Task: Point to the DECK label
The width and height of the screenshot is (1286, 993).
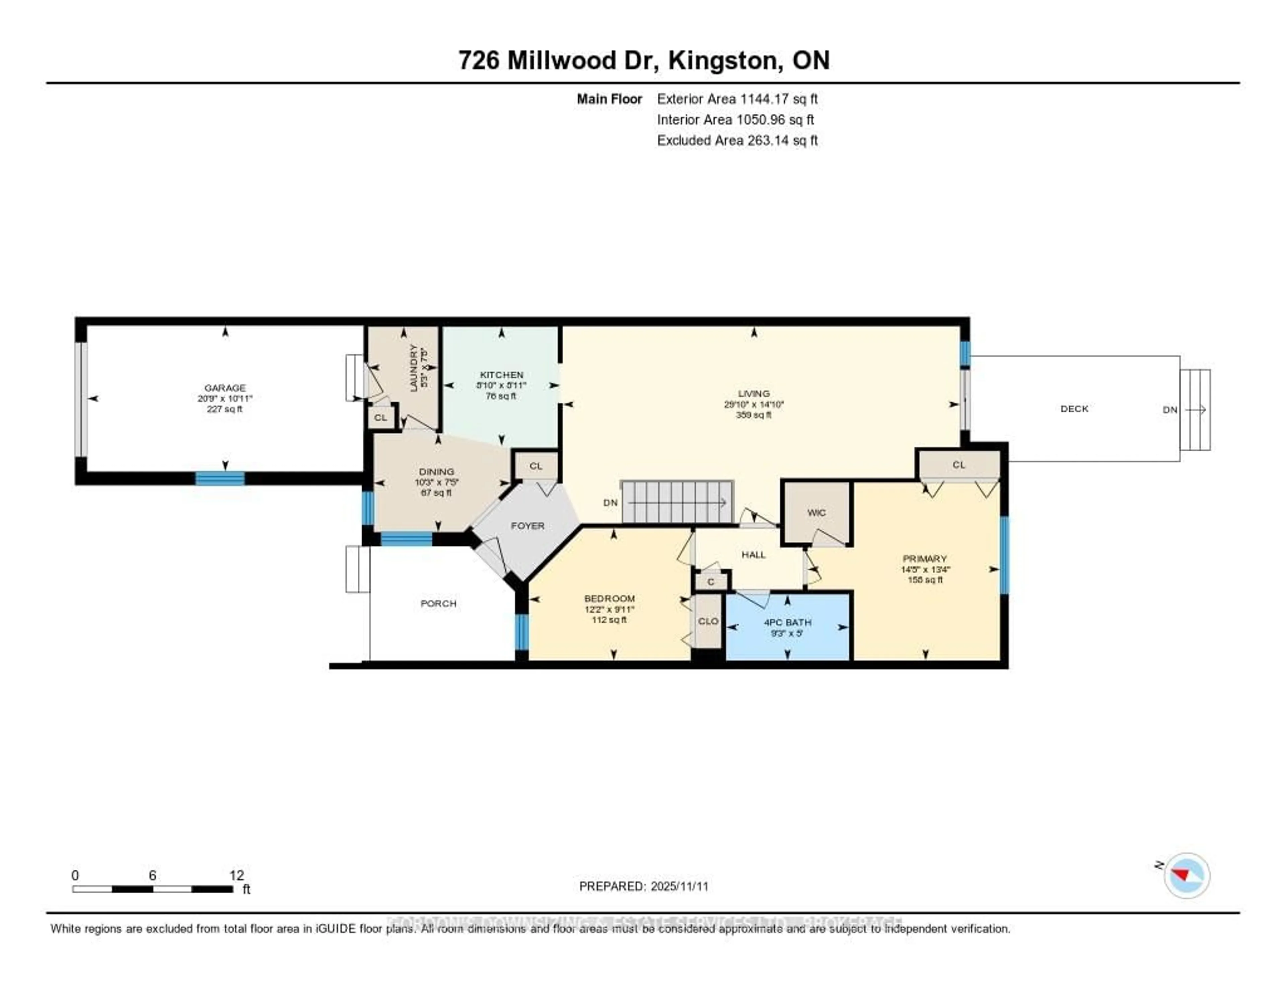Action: [x=1074, y=408]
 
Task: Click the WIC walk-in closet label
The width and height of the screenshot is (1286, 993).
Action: [x=816, y=513]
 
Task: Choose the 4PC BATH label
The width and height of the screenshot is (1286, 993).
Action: [x=787, y=622]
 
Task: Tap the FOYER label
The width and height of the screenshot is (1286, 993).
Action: [x=527, y=526]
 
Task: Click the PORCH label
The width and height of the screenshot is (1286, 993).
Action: [x=438, y=603]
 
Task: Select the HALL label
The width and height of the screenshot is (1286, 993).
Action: [x=753, y=554]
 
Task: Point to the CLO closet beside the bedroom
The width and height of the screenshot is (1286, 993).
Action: [x=708, y=621]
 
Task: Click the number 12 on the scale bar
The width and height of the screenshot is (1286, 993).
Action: [x=236, y=875]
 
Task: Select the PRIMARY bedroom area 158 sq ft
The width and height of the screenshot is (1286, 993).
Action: [x=925, y=580]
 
